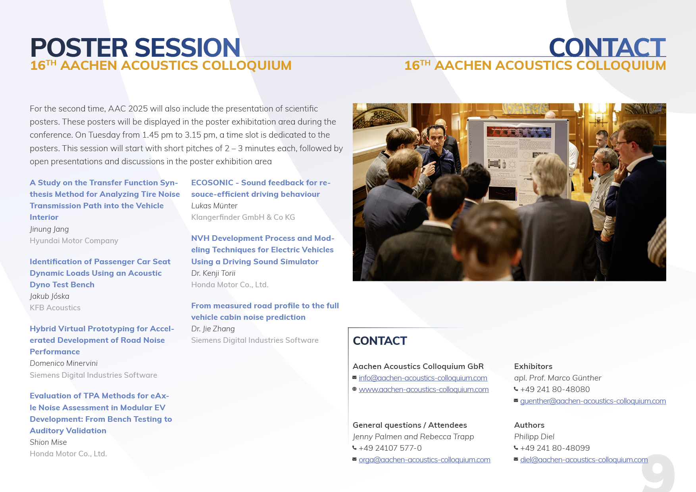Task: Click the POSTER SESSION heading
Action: (x=135, y=48)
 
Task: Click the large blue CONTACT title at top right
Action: (x=607, y=48)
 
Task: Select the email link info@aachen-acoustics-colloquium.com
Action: (x=423, y=378)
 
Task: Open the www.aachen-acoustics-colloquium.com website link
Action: (x=424, y=390)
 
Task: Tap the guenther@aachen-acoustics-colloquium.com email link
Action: (x=593, y=401)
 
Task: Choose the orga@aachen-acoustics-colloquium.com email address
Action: (x=425, y=460)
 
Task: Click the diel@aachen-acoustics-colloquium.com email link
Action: (x=584, y=460)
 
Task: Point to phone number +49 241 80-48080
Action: (x=555, y=389)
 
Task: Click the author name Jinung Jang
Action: (x=49, y=229)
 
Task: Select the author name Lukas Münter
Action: (x=214, y=206)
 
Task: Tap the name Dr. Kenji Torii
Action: (x=213, y=273)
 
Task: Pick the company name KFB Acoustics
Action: (x=55, y=308)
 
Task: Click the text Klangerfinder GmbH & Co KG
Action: (x=243, y=217)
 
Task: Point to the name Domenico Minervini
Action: (x=63, y=363)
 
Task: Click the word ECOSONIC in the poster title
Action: (x=212, y=183)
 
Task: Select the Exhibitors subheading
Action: (x=533, y=366)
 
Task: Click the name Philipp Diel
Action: (x=534, y=436)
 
